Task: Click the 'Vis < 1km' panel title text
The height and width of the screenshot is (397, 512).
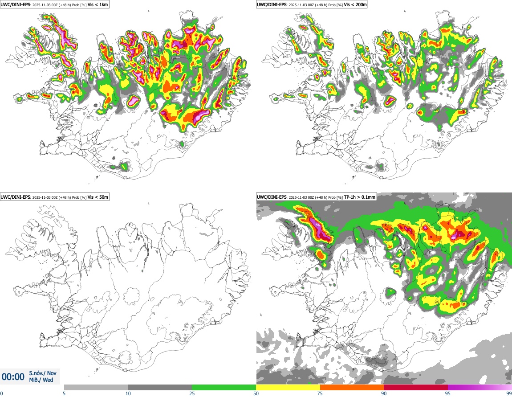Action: click(x=98, y=4)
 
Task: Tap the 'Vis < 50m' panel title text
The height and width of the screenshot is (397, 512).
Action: click(x=98, y=197)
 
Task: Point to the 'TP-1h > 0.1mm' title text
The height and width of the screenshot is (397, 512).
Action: click(x=360, y=197)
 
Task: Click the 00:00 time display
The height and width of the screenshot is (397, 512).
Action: click(x=13, y=377)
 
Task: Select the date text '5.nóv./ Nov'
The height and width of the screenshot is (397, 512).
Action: click(x=43, y=373)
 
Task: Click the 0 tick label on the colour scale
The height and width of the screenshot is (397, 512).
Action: click(x=1, y=393)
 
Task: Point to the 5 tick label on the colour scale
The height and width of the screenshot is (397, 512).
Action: click(x=64, y=393)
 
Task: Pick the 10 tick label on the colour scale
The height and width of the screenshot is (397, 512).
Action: click(x=128, y=393)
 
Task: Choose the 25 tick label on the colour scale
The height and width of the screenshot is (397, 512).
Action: click(x=192, y=393)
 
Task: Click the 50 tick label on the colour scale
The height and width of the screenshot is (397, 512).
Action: click(x=256, y=393)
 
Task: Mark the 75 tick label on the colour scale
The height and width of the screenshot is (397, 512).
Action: click(x=320, y=393)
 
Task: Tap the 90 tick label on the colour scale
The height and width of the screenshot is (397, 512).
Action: click(x=384, y=393)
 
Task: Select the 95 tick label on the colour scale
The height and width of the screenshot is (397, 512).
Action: click(x=447, y=393)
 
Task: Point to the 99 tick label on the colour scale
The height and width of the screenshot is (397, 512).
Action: click(x=508, y=393)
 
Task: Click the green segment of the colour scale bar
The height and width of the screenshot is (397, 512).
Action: click(x=224, y=387)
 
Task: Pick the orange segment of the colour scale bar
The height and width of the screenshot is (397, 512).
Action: click(x=352, y=387)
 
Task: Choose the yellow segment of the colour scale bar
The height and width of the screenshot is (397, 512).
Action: click(x=288, y=387)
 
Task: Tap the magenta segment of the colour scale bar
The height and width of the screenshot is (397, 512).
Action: click(x=479, y=387)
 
